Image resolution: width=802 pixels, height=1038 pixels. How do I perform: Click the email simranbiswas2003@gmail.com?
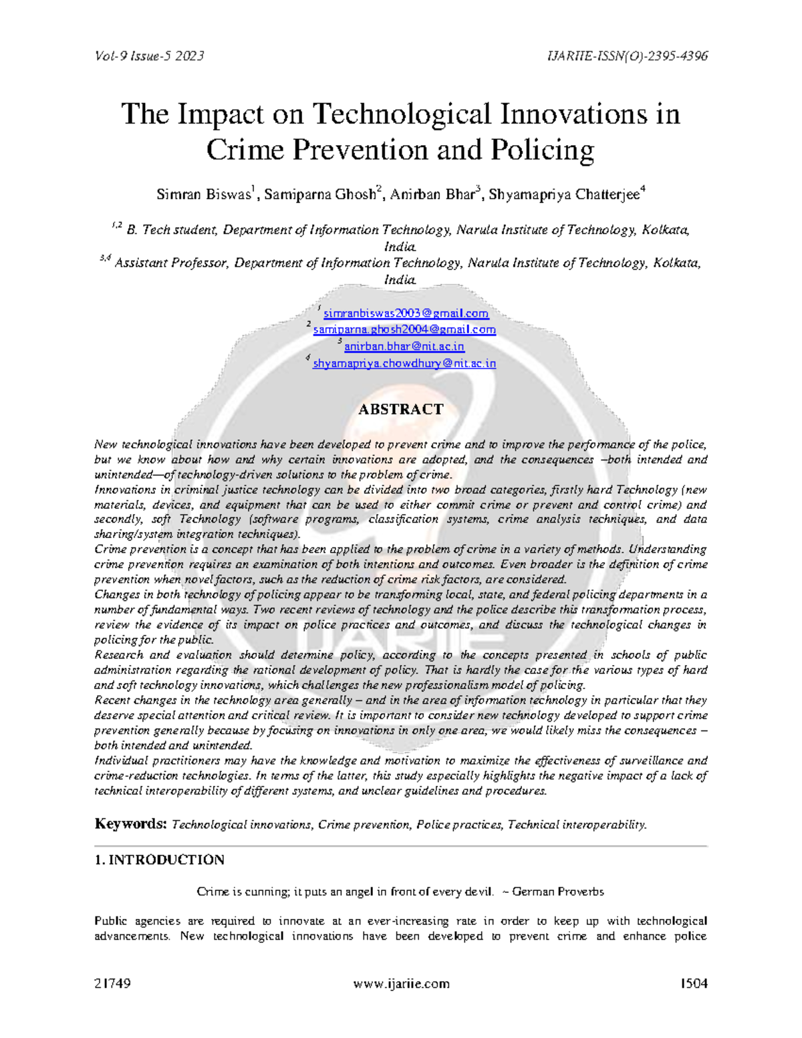[x=406, y=313]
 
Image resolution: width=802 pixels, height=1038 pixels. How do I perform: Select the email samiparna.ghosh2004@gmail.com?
[x=404, y=330]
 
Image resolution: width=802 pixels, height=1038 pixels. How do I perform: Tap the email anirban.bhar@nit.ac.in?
[x=404, y=346]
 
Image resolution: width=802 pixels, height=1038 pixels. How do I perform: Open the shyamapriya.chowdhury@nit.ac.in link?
[x=404, y=364]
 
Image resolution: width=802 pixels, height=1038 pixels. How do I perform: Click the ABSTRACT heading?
[x=400, y=409]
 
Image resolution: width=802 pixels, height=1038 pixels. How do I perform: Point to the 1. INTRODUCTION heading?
[x=160, y=860]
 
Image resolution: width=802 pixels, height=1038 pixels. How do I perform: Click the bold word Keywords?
[x=130, y=823]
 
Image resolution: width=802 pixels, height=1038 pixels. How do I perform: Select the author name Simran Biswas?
[x=203, y=194]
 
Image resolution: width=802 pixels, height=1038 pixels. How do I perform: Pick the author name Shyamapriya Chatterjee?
[x=564, y=194]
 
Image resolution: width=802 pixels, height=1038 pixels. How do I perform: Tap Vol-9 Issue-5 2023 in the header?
[x=149, y=56]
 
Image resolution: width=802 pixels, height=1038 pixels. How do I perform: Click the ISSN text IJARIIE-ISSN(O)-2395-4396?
[x=627, y=56]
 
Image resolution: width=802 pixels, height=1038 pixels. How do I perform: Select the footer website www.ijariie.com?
[x=401, y=983]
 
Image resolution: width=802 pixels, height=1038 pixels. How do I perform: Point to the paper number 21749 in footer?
[x=112, y=983]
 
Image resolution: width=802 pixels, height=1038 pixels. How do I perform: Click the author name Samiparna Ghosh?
[x=319, y=194]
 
